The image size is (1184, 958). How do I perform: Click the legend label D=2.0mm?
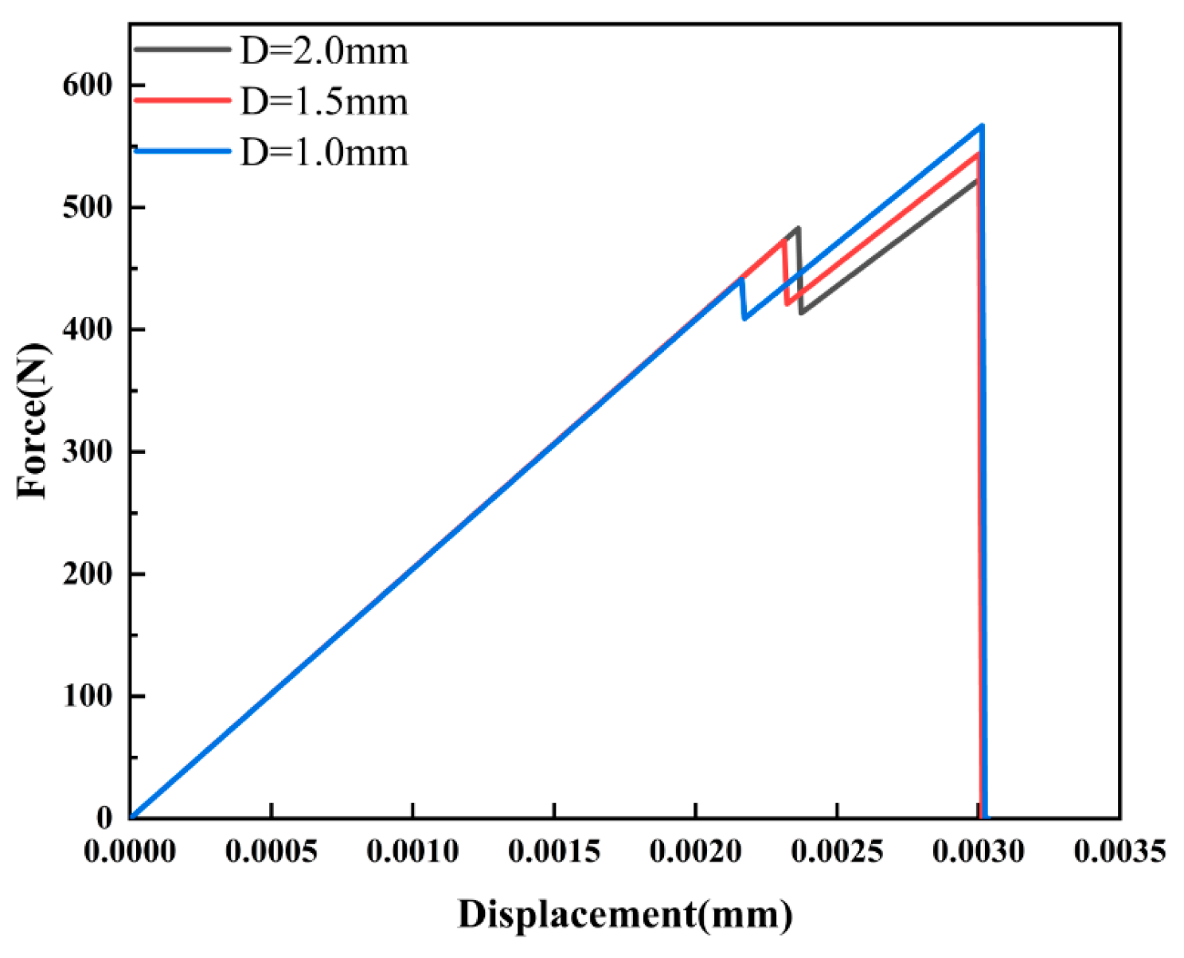pyautogui.click(x=324, y=51)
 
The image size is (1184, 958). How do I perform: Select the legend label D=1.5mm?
pyautogui.click(x=324, y=102)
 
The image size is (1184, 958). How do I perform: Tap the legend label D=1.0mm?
pyautogui.click(x=324, y=151)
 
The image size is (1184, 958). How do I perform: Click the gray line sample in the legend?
pyautogui.click(x=182, y=49)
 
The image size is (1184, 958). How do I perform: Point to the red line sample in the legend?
pyautogui.click(x=182, y=100)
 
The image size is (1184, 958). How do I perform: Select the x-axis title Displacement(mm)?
pyautogui.click(x=625, y=914)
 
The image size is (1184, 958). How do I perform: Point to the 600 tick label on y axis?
pyautogui.click(x=88, y=85)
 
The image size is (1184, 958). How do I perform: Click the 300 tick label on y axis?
pyautogui.click(x=88, y=452)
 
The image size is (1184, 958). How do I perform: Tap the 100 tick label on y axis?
pyautogui.click(x=88, y=696)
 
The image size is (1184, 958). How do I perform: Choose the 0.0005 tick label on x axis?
pyautogui.click(x=272, y=851)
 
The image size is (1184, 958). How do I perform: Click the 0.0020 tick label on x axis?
pyautogui.click(x=695, y=851)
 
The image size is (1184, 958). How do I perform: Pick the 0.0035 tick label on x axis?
pyautogui.click(x=1120, y=851)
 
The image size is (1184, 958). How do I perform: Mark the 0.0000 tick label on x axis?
pyautogui.click(x=130, y=851)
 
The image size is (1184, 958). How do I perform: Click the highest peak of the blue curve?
pyautogui.click(x=982, y=126)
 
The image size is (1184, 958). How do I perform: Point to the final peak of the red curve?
pyautogui.click(x=977, y=154)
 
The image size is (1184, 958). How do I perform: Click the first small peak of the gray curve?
pyautogui.click(x=798, y=228)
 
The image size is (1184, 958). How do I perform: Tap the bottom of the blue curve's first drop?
pyautogui.click(x=744, y=319)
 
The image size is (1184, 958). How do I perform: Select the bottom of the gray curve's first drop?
pyautogui.click(x=801, y=312)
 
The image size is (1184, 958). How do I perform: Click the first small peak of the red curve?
pyautogui.click(x=784, y=239)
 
